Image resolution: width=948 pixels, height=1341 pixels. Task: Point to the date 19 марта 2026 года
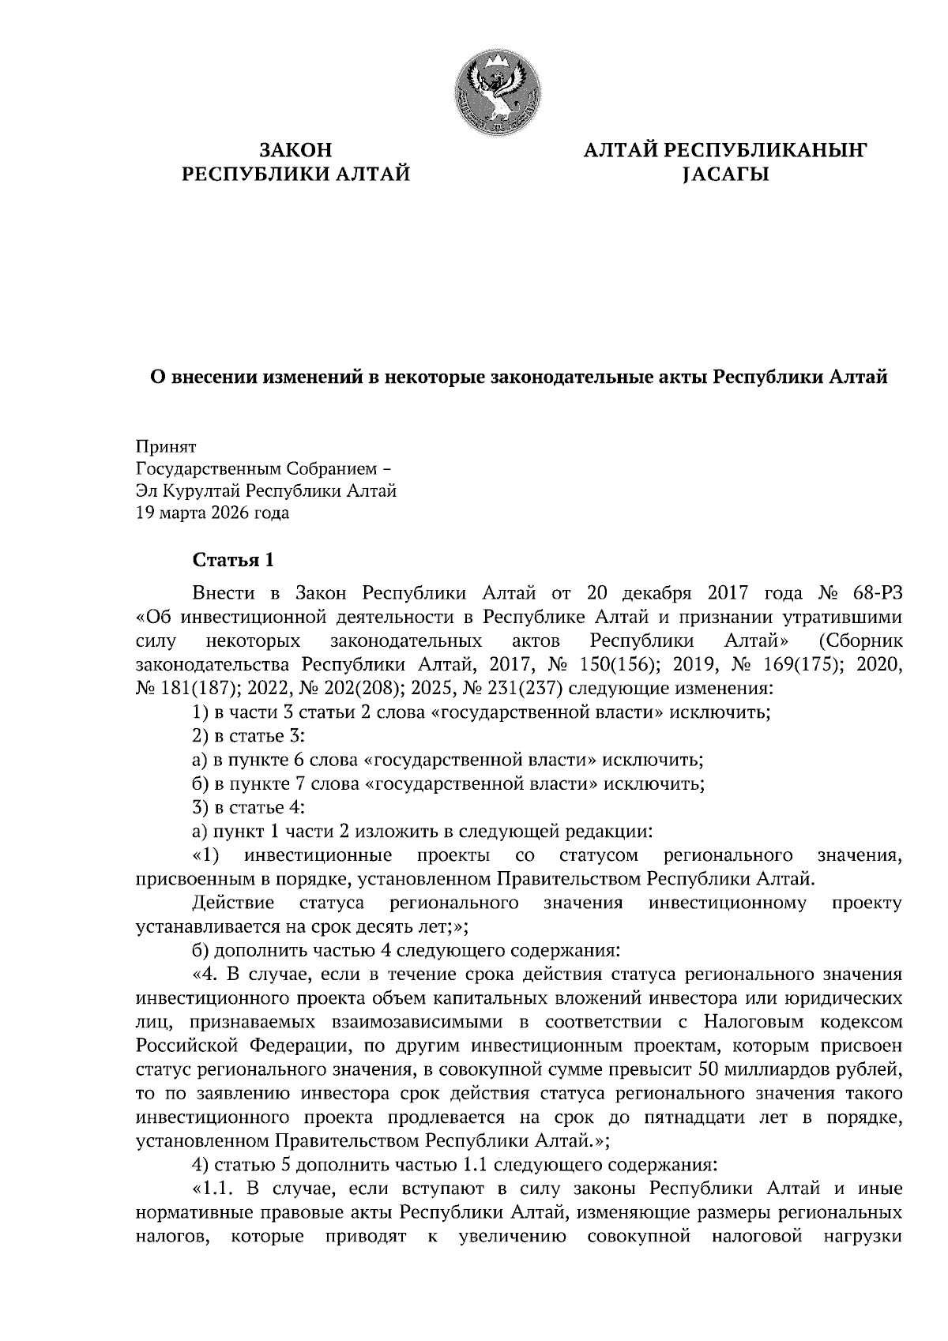[x=213, y=513]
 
